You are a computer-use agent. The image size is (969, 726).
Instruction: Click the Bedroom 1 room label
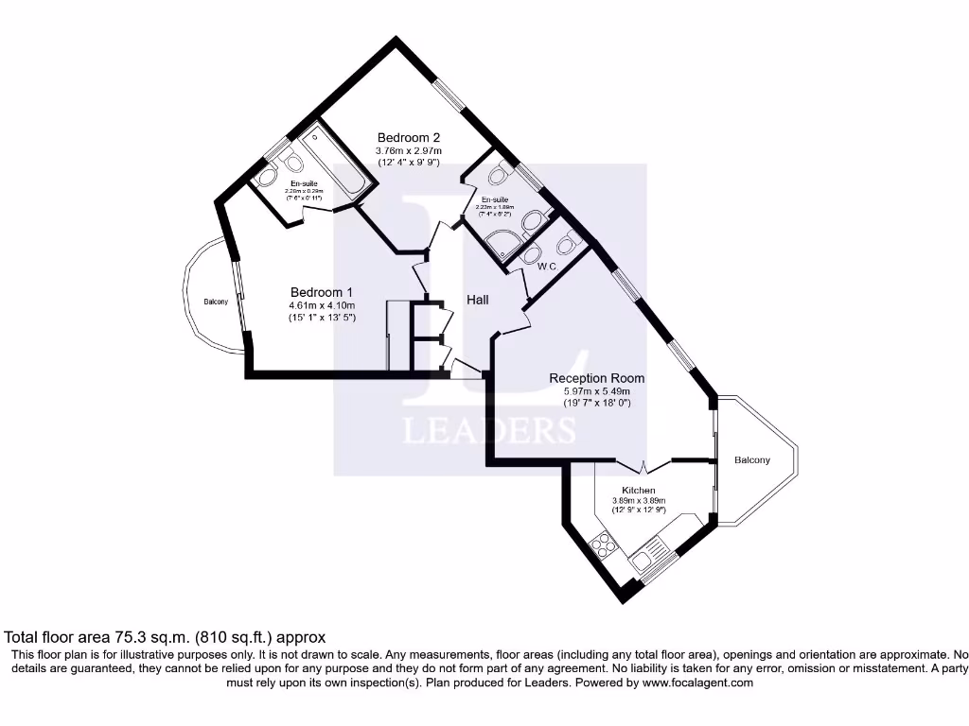(323, 291)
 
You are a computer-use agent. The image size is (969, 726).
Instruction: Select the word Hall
(478, 300)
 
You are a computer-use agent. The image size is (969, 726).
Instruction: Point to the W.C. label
(546, 267)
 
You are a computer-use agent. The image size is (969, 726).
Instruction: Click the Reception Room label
(597, 378)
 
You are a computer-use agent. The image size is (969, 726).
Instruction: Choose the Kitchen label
(639, 490)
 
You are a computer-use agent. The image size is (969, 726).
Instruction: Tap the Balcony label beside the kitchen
(752, 460)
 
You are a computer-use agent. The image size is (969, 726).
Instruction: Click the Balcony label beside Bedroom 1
(216, 302)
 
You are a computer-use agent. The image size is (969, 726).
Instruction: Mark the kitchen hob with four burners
(602, 545)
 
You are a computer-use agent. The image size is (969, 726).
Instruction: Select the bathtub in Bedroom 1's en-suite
(331, 161)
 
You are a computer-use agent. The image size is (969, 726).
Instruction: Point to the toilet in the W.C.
(568, 244)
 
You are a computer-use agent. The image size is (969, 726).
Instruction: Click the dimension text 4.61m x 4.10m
(323, 305)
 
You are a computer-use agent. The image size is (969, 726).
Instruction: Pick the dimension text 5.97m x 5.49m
(597, 390)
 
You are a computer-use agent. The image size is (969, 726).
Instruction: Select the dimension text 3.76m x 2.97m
(409, 150)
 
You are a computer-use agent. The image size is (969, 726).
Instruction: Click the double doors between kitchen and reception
(644, 466)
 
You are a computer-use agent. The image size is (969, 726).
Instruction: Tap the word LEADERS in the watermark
(489, 430)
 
